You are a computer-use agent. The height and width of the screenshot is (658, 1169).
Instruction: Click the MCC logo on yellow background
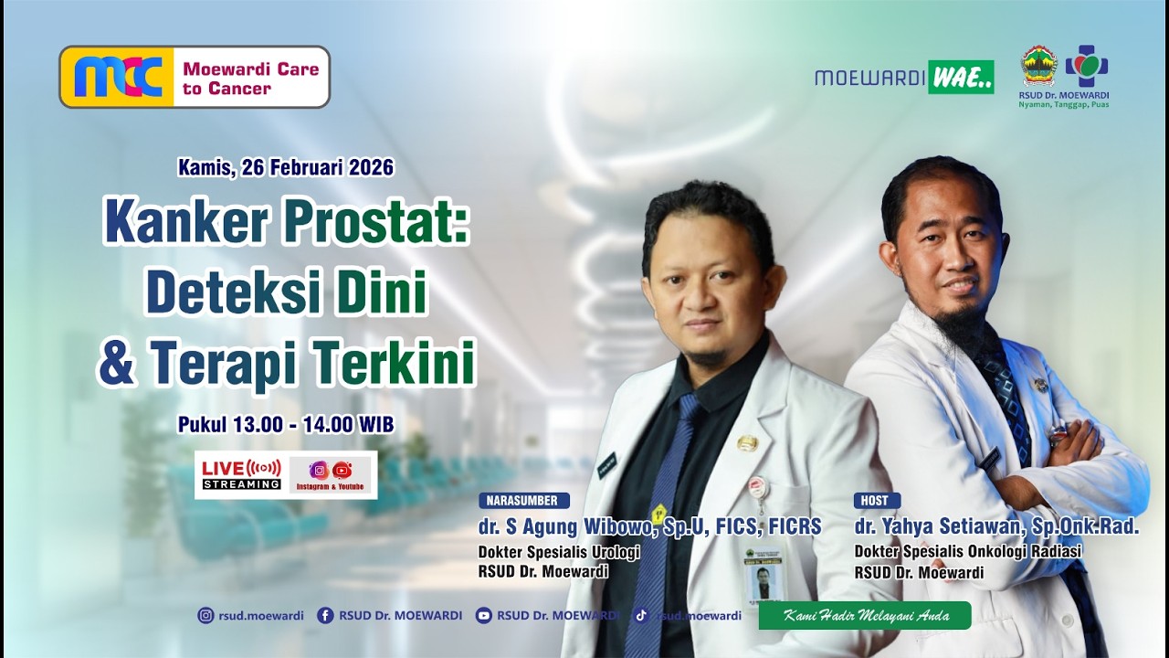(x=117, y=77)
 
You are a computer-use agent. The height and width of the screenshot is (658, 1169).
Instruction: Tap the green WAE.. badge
(x=961, y=78)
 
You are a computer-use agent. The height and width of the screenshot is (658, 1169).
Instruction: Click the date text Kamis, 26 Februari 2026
(x=286, y=167)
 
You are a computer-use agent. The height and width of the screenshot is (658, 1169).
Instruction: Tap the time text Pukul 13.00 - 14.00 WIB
(x=286, y=425)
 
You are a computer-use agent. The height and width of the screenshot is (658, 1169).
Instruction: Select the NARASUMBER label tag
(x=523, y=501)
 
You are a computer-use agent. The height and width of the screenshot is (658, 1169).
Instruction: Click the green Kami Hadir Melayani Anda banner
(x=864, y=616)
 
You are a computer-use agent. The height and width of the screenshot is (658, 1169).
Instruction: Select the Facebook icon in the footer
(x=324, y=616)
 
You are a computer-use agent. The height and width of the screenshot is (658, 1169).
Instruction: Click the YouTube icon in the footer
(x=483, y=616)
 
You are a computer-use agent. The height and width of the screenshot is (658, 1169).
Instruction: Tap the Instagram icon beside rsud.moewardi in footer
(x=205, y=616)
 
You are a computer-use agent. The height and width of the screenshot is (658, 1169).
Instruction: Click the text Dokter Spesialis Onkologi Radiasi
(x=967, y=551)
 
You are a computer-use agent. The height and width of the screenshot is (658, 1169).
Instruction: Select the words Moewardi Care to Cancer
(x=249, y=78)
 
